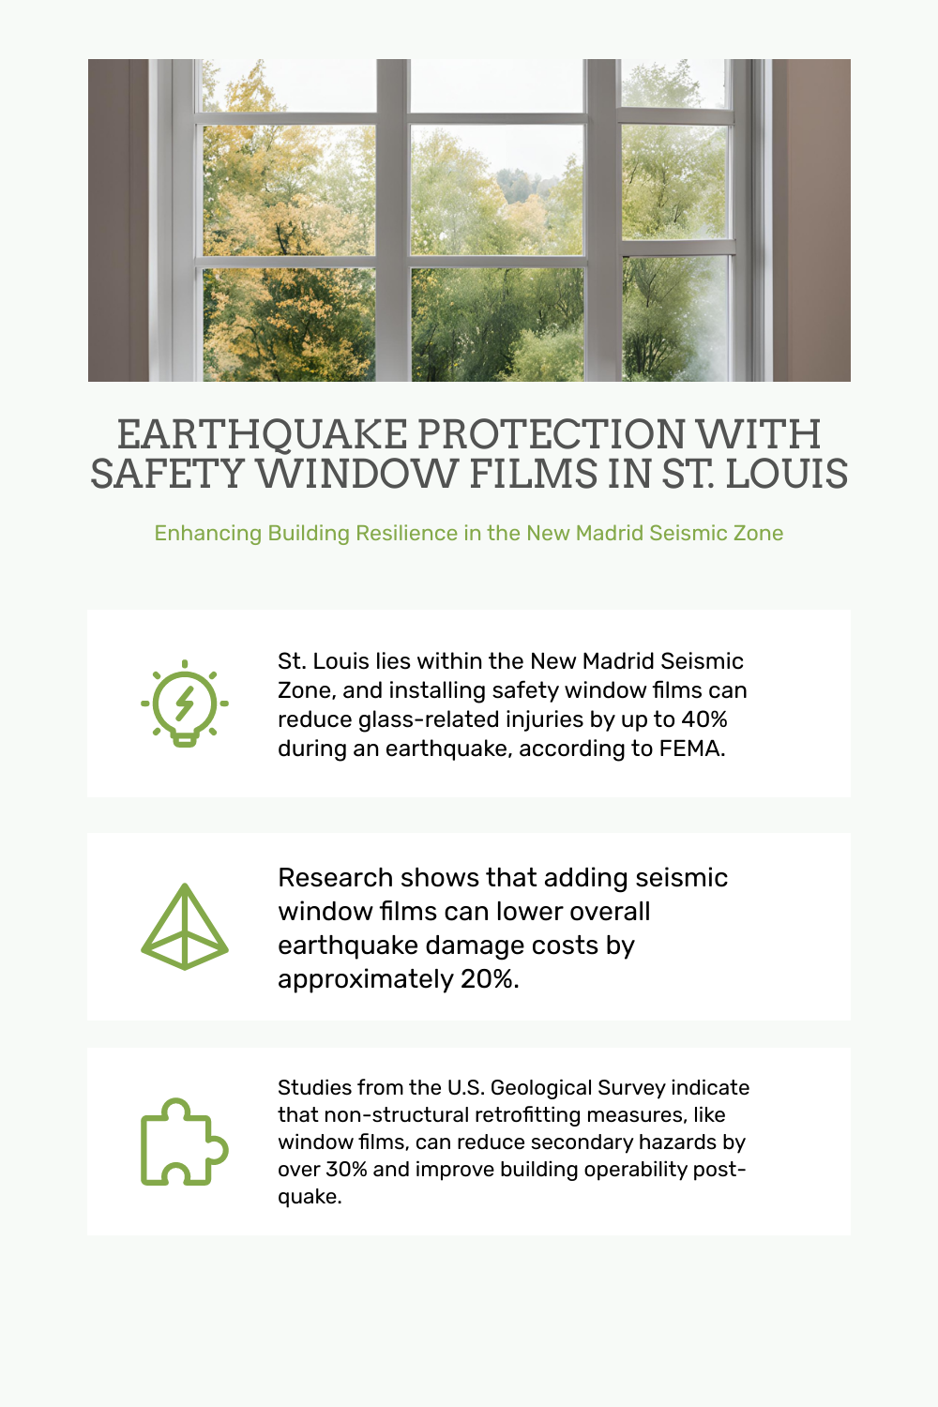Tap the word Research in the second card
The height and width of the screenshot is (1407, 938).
(x=336, y=877)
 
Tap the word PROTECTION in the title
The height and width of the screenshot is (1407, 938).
(x=551, y=434)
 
